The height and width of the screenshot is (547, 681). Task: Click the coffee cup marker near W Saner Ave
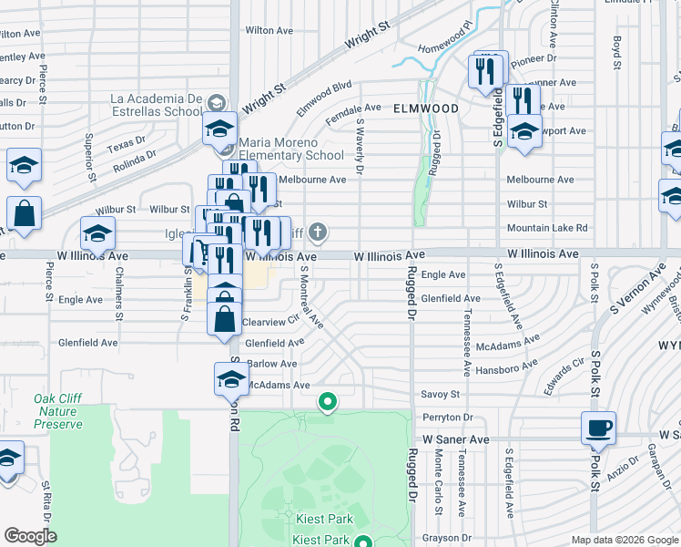pyautogui.click(x=598, y=428)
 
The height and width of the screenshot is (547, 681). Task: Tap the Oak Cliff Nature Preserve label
pyautogui.click(x=57, y=411)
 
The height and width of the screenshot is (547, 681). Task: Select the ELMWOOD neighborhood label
pyautogui.click(x=426, y=108)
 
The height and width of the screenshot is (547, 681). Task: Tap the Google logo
pyautogui.click(x=30, y=536)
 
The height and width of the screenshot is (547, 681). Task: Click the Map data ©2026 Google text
pyautogui.click(x=624, y=540)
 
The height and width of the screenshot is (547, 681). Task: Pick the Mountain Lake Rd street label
pyautogui.click(x=546, y=228)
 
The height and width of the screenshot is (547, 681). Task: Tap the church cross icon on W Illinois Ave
pyautogui.click(x=318, y=232)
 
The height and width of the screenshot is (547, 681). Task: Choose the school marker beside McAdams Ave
pyautogui.click(x=231, y=378)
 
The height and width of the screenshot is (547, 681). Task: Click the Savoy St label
pyautogui.click(x=440, y=394)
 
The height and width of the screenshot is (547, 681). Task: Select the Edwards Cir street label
pyautogui.click(x=562, y=374)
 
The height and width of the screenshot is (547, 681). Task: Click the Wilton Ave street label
pyautogui.click(x=269, y=30)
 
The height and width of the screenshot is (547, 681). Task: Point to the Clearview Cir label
pyautogui.click(x=270, y=322)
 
